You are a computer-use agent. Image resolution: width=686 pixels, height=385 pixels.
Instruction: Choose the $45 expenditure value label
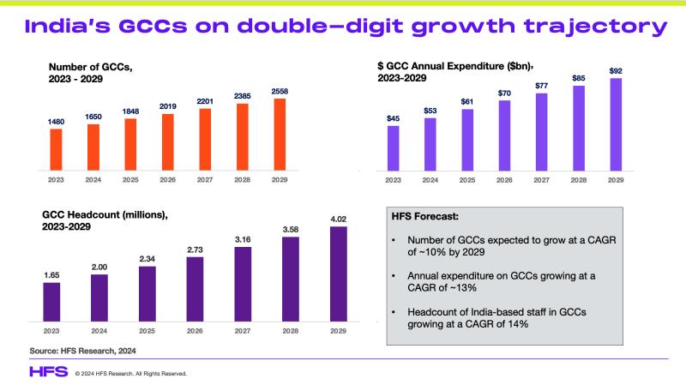click(394, 118)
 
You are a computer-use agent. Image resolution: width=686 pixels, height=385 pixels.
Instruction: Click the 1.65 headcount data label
click(51, 274)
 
